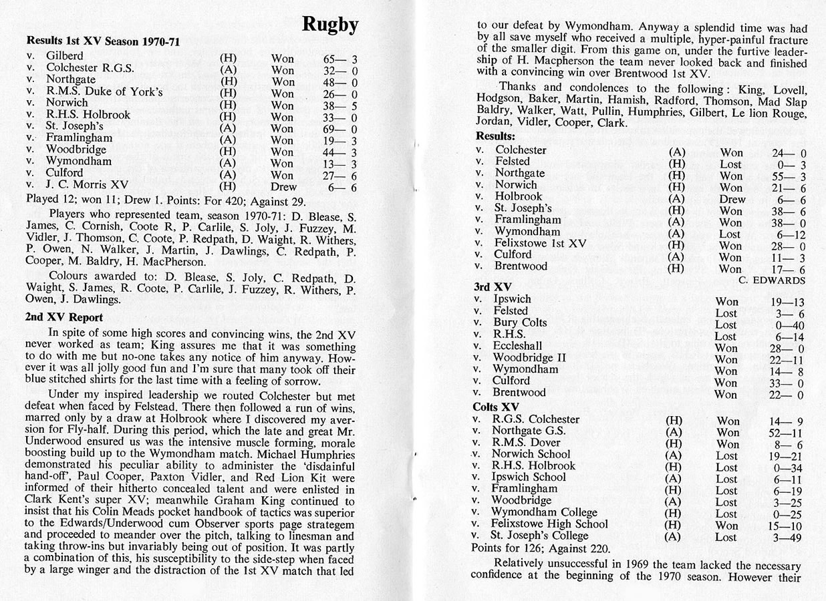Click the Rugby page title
(330, 25)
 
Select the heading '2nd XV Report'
(64, 317)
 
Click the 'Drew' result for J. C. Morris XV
(283, 187)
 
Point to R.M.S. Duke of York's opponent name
(104, 91)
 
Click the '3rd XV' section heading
(493, 286)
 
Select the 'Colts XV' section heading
(496, 407)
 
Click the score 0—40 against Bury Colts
(784, 325)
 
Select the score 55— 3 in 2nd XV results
(789, 176)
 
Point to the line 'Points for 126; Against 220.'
(540, 549)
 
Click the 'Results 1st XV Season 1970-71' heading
(103, 42)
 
